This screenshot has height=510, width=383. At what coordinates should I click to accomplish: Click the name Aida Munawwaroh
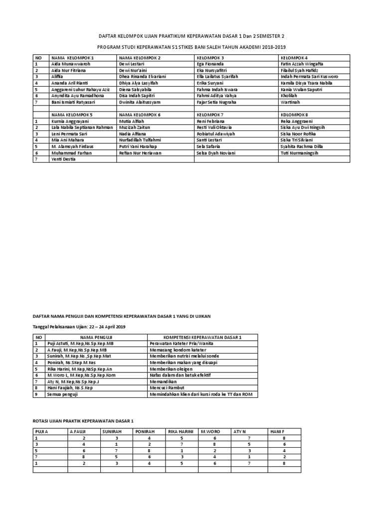coord(69,64)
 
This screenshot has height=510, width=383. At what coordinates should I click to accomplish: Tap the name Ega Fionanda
coord(211,64)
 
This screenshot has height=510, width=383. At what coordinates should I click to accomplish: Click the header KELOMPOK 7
coord(210,115)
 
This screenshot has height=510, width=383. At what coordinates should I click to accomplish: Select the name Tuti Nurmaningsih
coord(302,153)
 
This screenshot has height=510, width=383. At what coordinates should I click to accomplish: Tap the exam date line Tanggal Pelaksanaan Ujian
coord(79,327)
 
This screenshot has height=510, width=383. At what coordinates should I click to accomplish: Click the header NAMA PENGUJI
coord(95,337)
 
